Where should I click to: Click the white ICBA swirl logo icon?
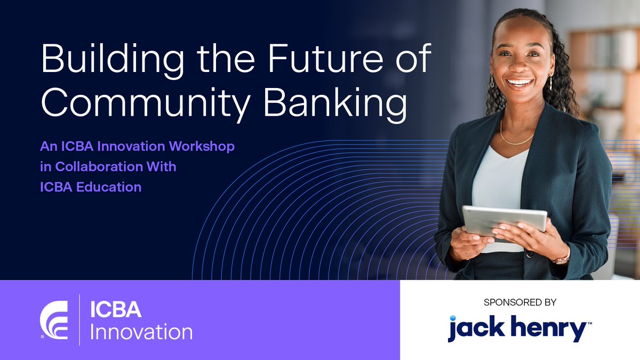54,319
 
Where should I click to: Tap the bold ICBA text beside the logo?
115,310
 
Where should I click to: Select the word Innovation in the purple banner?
141,332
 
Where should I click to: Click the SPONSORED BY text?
520,302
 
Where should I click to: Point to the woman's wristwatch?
562,260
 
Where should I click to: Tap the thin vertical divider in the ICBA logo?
79,319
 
